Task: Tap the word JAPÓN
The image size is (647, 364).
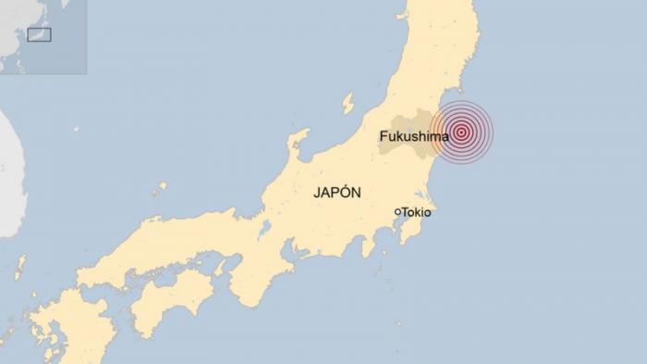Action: (x=336, y=193)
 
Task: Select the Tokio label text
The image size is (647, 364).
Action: (x=417, y=212)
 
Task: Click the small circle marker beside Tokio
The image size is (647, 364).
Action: (x=397, y=212)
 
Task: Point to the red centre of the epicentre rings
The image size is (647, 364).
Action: (x=461, y=132)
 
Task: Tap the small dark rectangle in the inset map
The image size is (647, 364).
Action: (x=39, y=35)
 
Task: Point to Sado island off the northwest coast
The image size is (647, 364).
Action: (x=348, y=101)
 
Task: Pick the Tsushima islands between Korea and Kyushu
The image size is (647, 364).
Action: (x=19, y=268)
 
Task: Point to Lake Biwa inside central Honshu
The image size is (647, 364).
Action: (x=266, y=230)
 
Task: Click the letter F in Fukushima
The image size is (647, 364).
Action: (x=384, y=136)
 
